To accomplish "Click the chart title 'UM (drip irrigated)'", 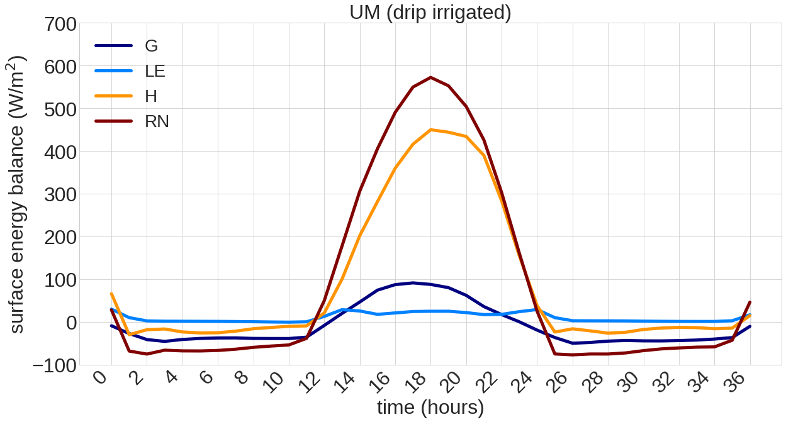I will (x=430, y=12).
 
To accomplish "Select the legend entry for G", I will (x=151, y=46).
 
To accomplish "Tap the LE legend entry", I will (x=155, y=71).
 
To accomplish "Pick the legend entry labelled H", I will (x=151, y=96).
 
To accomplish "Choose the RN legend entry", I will (x=157, y=121).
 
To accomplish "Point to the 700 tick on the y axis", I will (x=60, y=25).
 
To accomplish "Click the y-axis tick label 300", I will (x=60, y=195).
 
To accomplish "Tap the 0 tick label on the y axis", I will (x=70, y=323).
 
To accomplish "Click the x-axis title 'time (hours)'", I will (x=430, y=408).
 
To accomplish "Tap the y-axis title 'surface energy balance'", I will (x=17, y=194).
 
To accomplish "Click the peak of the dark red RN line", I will (x=430, y=77).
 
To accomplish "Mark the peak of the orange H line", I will (x=430, y=130).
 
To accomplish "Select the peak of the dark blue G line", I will (x=413, y=283).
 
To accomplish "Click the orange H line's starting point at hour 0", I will (x=111, y=294).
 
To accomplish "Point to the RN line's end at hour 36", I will (x=750, y=303).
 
